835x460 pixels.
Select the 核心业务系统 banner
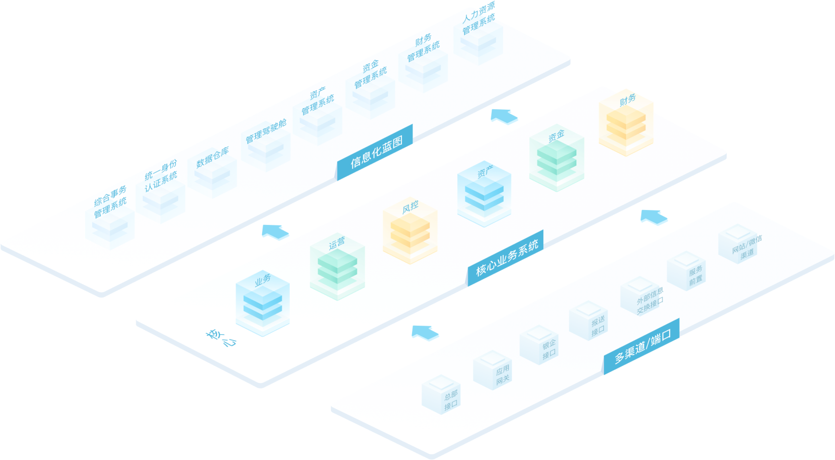506,258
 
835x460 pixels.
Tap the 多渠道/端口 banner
642,346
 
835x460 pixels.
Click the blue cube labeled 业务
263,304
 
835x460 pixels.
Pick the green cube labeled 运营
337,268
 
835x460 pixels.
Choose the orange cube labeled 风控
410,231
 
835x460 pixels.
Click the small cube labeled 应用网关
492,371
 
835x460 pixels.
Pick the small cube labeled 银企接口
539,345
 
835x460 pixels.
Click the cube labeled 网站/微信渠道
737,245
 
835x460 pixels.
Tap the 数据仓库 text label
213,157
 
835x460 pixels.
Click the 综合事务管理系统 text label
110,201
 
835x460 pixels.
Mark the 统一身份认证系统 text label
161,176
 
